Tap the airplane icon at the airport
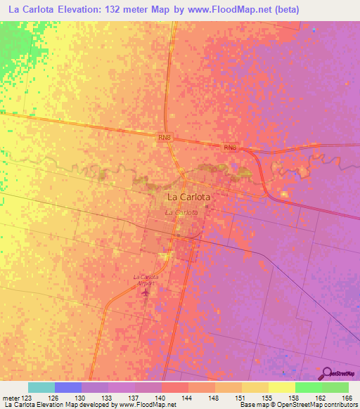point(146,291)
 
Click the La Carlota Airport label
point(145,279)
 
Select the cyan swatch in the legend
point(41,387)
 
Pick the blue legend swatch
point(68,387)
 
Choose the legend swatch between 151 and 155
point(255,387)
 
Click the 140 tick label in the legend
point(161,397)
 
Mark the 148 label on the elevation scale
point(214,397)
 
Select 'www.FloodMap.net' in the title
point(228,10)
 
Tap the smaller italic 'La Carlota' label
point(181,212)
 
